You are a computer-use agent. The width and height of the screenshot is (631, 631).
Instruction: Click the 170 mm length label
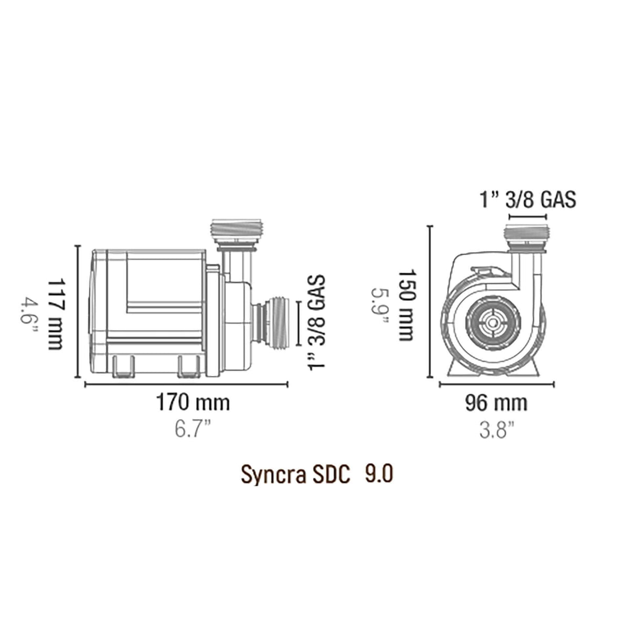point(192,403)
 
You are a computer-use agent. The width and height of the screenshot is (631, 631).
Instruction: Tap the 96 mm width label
point(495,403)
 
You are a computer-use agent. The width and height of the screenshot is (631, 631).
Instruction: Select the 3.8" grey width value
point(495,431)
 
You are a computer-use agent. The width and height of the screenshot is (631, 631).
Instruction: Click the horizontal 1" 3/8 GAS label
point(527,200)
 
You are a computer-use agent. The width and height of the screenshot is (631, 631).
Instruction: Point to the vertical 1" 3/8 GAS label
point(317,322)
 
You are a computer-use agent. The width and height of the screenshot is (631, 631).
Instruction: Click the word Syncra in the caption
point(267,474)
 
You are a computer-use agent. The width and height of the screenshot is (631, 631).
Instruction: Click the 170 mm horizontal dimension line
point(187,384)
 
